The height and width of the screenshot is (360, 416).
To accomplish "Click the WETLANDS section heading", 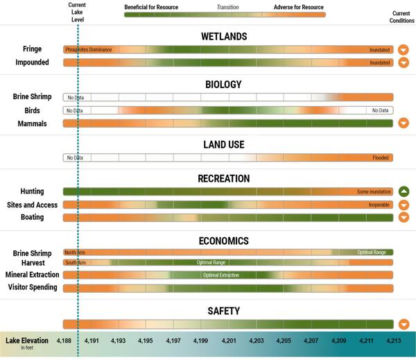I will point(223,36).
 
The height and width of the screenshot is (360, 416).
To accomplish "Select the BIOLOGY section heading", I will point(223,85).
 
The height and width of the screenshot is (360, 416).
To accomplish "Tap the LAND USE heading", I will point(223,145).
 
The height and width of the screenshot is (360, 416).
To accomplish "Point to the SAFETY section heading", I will point(223,311).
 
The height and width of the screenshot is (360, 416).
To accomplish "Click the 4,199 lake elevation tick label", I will point(200,341).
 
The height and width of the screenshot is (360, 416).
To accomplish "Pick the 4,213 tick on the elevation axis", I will point(394,341).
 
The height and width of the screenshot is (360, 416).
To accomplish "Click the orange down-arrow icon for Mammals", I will point(404,123).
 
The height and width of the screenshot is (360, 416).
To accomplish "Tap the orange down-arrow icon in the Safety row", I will point(404,324).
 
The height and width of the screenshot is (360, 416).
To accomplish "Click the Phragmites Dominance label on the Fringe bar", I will point(88,50).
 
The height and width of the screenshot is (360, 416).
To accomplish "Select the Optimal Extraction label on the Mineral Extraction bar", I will point(220,275).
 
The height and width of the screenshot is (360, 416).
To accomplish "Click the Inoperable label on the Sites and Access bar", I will point(379,205).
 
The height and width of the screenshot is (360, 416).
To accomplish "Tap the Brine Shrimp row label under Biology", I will point(30,97).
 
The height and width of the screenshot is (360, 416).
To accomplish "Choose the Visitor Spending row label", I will point(31,287).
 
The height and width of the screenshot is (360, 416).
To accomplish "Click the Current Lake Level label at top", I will point(78,12).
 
